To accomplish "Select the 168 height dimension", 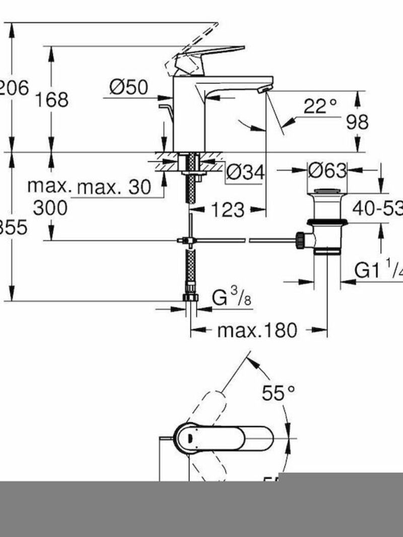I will (x=51, y=99).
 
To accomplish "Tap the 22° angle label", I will (x=320, y=106).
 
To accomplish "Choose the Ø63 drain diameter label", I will (x=327, y=171).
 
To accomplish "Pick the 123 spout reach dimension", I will (x=227, y=210).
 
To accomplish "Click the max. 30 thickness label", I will (x=114, y=188).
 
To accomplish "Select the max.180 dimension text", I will (x=257, y=331).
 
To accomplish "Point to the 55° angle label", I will (x=278, y=394).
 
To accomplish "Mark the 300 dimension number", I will (x=50, y=207).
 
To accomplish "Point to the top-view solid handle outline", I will (x=227, y=437).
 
